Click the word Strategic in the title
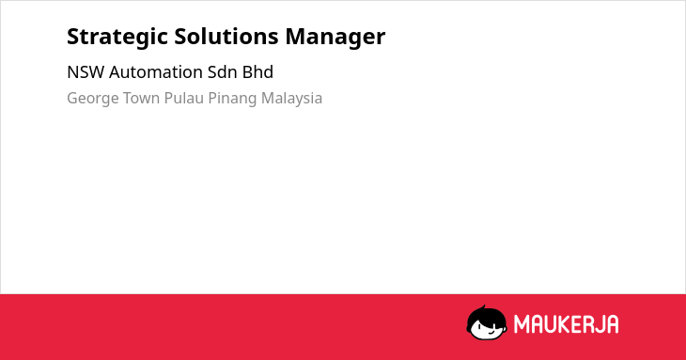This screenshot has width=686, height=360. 117,38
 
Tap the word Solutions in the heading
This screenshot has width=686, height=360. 226,37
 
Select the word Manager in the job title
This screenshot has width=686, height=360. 335,38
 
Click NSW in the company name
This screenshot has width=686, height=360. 86,72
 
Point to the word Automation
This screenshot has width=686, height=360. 156,72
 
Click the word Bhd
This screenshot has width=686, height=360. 258,72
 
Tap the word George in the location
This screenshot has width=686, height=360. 93,99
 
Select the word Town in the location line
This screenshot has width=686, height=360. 141,98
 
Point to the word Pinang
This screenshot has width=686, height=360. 232,99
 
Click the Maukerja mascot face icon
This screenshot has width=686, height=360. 487,322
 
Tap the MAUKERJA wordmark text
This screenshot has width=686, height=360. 566,324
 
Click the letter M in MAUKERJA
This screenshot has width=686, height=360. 522,324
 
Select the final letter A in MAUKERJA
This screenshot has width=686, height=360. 612,324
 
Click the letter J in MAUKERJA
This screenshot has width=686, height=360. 598,324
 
